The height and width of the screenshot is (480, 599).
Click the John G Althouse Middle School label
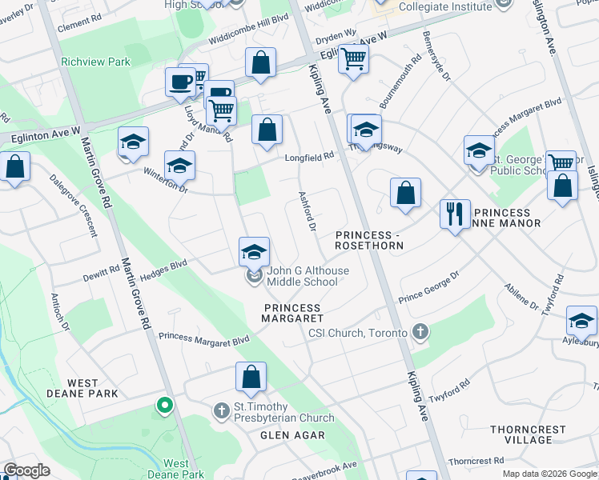click(308, 276)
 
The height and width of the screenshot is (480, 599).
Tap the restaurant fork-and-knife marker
click(455, 214)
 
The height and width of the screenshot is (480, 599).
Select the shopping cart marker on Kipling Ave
click(353, 58)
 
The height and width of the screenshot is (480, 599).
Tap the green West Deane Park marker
click(165, 406)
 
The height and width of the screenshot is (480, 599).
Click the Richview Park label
click(95, 61)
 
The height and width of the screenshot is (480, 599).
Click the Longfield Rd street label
click(309, 158)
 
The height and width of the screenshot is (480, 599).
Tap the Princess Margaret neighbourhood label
click(291, 313)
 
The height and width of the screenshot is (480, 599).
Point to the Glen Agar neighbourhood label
click(292, 435)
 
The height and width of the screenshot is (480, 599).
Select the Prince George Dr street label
click(428, 286)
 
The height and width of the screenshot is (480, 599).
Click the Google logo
click(27, 471)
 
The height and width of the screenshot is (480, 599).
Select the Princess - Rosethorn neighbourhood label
click(368, 239)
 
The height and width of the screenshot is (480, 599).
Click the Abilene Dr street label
click(522, 295)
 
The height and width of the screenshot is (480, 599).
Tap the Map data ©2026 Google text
click(549, 474)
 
